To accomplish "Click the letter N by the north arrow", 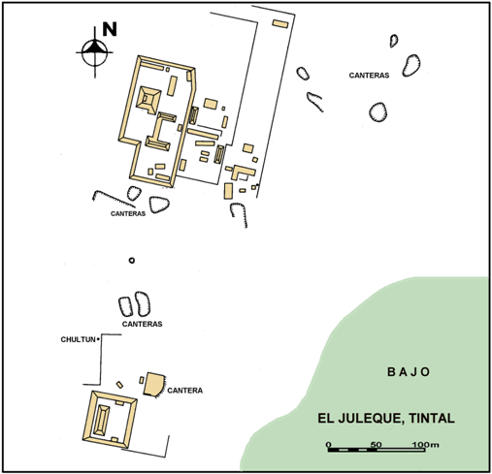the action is [110, 29].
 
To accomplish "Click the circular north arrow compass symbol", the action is [94, 52].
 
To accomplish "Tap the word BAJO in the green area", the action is [409, 372].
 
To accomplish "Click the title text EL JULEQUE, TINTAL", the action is [386, 418].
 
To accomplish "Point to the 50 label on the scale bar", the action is [376, 445].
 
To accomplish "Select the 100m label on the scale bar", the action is [425, 445].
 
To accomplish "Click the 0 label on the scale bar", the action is [329, 445].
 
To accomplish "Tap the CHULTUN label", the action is [78, 339].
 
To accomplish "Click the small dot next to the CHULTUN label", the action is [98, 339].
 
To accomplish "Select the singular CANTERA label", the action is [185, 391].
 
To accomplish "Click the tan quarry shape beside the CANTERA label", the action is [153, 384].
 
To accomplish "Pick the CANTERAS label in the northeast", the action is [369, 76].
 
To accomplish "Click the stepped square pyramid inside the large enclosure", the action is [148, 100].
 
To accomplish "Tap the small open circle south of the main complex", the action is [131, 260].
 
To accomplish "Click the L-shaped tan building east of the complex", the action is [243, 172].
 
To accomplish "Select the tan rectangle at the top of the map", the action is [280, 23].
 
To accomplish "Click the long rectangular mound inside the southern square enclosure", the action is [101, 420].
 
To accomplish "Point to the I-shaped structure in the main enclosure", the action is [160, 132].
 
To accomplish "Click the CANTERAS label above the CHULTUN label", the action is [142, 324].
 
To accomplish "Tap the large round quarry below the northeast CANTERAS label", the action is [377, 112].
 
